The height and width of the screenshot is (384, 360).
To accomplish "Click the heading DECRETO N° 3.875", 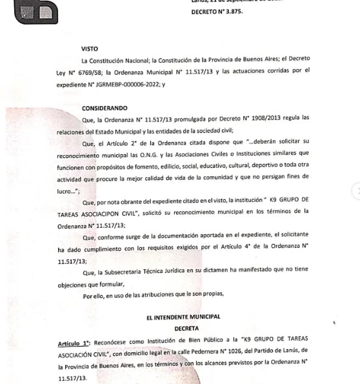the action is click(x=217, y=12).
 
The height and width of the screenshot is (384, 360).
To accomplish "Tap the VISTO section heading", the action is click(x=90, y=49).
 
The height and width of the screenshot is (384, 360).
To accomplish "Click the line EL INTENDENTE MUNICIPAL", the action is click(x=183, y=317).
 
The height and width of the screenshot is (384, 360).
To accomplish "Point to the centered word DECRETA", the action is click(x=183, y=328).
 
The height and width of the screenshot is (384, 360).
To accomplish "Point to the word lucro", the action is click(x=66, y=192).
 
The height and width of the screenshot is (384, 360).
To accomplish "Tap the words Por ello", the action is click(x=95, y=295).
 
